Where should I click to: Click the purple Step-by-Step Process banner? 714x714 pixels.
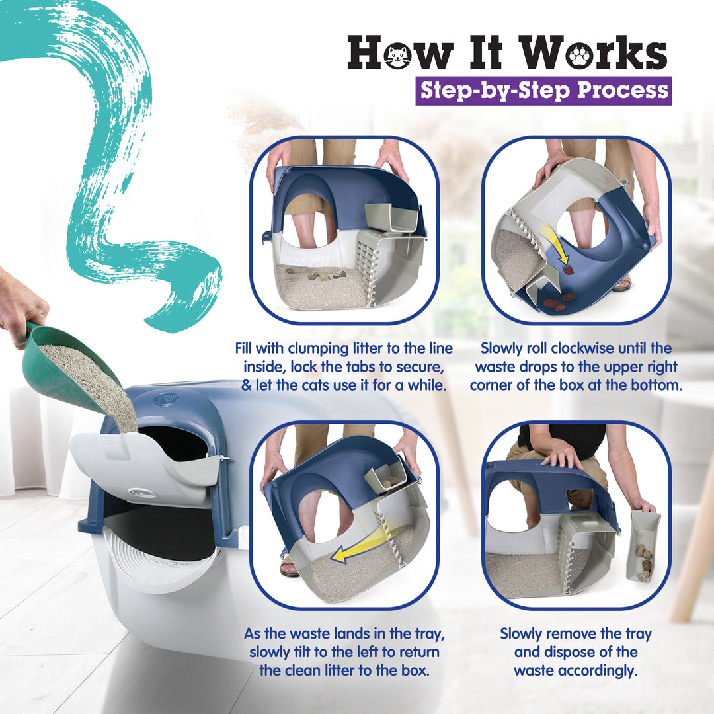click(543, 91)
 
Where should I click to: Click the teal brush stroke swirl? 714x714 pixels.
click(126, 165)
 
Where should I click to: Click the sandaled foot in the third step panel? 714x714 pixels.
click(289, 567)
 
